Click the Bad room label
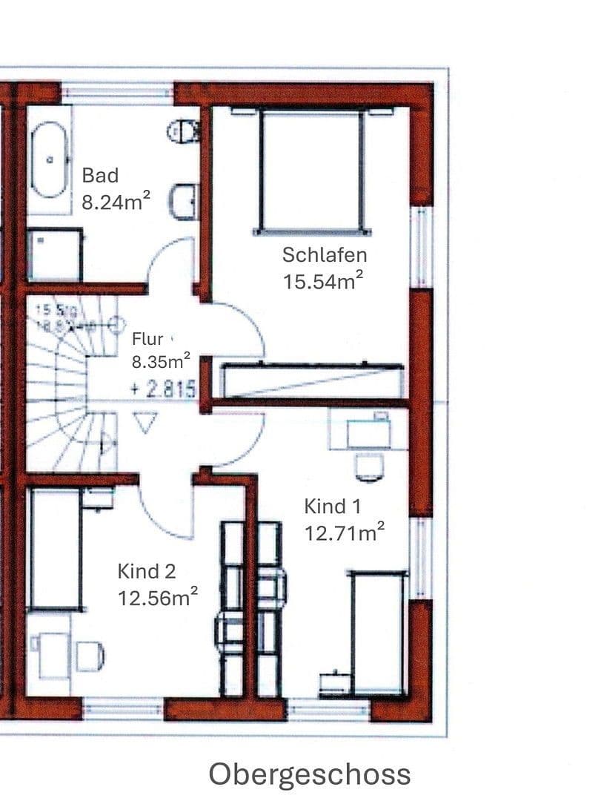click(100, 176)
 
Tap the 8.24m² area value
click(116, 201)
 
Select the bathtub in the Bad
click(51, 159)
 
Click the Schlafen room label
click(325, 255)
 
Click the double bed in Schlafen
click(311, 169)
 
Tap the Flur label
click(147, 340)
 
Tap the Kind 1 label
click(333, 507)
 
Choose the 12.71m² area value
click(344, 532)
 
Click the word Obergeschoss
click(310, 774)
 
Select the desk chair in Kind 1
click(369, 466)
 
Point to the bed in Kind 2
click(54, 549)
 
